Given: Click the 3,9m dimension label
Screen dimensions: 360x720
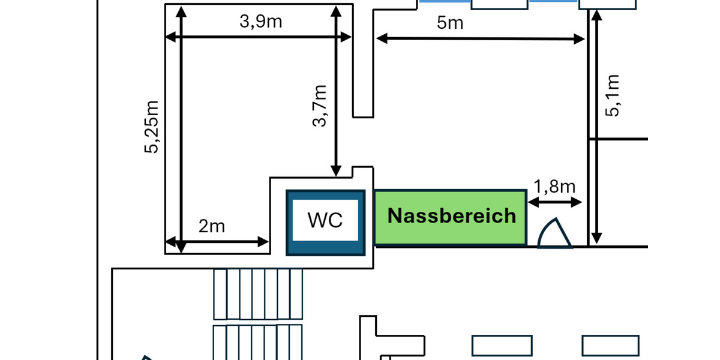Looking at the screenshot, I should (260, 22).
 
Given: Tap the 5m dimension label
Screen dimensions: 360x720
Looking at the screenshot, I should (450, 23).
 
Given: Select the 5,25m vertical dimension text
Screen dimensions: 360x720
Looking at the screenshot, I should (152, 127).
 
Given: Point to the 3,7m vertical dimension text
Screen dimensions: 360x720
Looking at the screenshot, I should (320, 106).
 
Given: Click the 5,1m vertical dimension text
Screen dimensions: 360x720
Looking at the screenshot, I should (613, 95).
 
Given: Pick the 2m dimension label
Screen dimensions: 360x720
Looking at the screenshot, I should (211, 226).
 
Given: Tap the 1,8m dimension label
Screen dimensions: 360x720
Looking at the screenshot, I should (554, 186).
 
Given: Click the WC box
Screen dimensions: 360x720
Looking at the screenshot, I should (325, 222).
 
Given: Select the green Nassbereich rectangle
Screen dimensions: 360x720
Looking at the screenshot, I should (450, 217).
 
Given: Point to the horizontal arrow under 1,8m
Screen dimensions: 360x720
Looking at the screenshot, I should (555, 203).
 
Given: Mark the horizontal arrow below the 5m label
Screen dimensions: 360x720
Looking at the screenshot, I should (480, 39).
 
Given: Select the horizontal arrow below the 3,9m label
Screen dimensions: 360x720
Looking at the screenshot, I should (258, 37).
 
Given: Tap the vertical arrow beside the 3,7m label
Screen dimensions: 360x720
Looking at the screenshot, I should (336, 90).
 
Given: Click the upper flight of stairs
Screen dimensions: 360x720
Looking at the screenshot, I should (258, 294).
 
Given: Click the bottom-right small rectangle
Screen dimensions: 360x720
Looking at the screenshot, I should (610, 346).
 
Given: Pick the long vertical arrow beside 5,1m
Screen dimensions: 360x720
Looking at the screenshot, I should (595, 126).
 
